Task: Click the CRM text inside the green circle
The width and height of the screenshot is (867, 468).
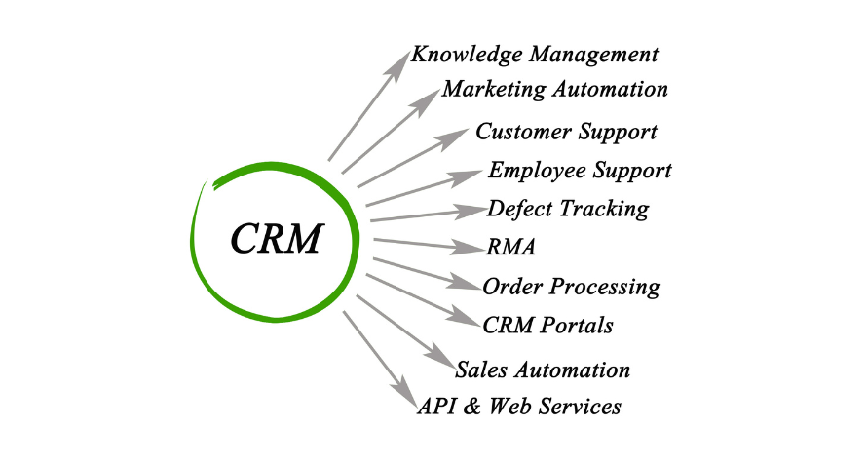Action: (x=277, y=239)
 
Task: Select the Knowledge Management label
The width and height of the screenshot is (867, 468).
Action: (x=535, y=56)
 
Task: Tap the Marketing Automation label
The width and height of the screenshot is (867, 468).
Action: (x=555, y=90)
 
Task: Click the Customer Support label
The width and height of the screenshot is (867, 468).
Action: (x=566, y=133)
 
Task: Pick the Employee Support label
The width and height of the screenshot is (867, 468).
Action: (x=580, y=171)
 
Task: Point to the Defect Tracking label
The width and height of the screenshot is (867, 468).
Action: (x=568, y=209)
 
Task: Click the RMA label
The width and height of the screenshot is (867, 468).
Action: (x=510, y=247)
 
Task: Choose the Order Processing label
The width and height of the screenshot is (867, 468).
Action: (x=571, y=287)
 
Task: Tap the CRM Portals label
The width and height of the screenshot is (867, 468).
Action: (x=547, y=326)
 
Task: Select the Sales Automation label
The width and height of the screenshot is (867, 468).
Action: (x=543, y=370)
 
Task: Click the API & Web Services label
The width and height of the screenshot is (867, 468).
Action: (x=519, y=406)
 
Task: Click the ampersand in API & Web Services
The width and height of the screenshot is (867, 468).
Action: (x=471, y=407)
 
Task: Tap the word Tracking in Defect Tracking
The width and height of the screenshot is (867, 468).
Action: (x=604, y=209)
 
